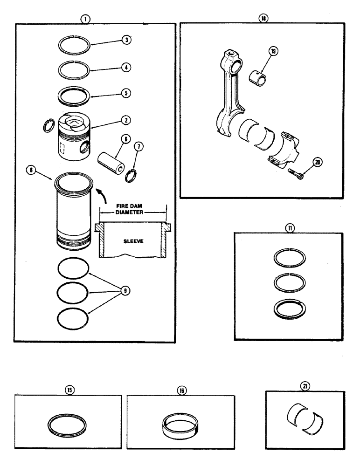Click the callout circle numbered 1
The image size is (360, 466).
[x=85, y=19]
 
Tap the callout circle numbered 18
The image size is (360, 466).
[x=263, y=19]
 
